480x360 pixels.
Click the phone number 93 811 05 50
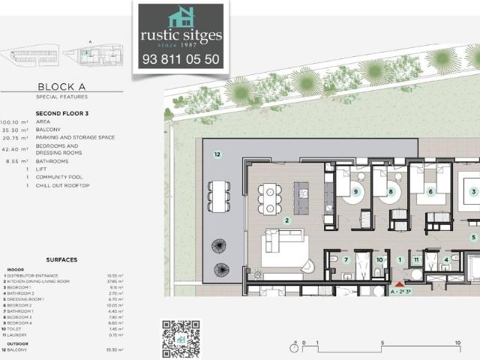point(181,58)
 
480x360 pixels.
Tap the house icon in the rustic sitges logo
point(181,17)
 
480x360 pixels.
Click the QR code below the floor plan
point(181,337)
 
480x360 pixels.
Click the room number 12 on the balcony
point(217,154)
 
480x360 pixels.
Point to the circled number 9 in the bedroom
point(356,192)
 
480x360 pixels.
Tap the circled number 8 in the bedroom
point(391,192)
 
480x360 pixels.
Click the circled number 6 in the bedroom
point(431,192)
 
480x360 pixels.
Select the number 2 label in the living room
point(287,220)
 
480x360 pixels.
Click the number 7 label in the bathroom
point(346,260)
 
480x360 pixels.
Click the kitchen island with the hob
point(301,197)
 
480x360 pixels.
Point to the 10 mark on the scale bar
point(457,343)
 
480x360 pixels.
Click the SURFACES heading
point(61,259)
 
